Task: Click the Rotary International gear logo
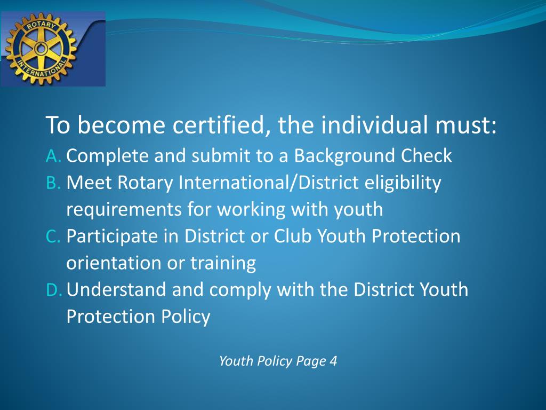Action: point(39,50)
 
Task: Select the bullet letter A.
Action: point(53,156)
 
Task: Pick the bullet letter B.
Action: point(53,183)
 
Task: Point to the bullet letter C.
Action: point(53,236)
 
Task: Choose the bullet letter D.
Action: point(54,290)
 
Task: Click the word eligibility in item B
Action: point(403,183)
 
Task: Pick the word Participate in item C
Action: point(113,236)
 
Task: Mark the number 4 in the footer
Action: point(333,361)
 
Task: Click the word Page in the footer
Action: point(311,362)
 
